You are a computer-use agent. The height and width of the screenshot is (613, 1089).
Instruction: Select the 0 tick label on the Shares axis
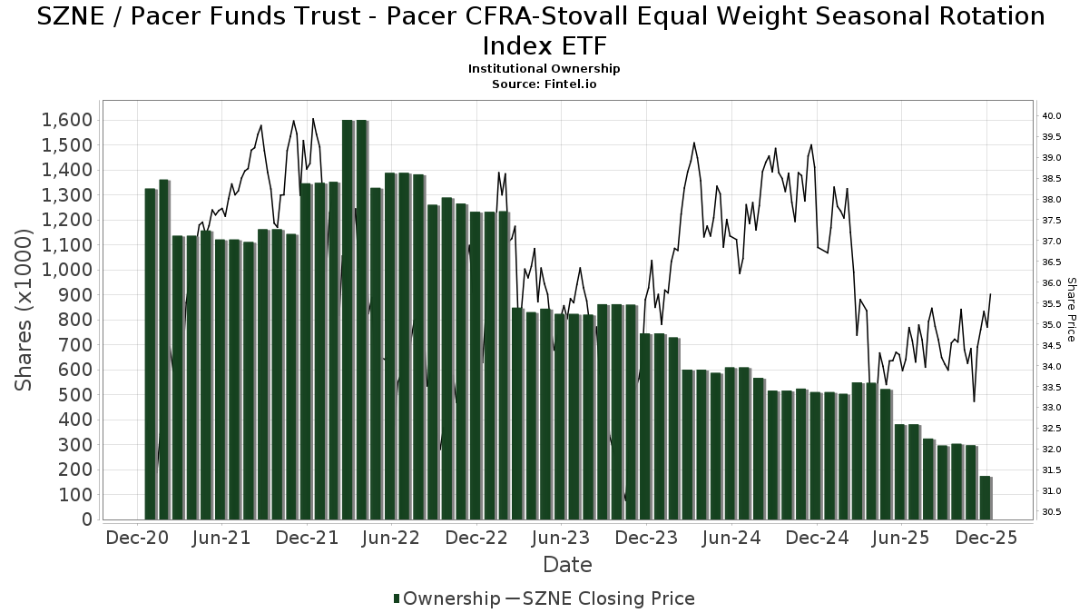(x=88, y=519)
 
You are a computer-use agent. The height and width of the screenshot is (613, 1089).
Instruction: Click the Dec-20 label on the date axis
(x=137, y=538)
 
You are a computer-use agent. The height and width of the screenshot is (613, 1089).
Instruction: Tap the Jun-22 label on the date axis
(x=391, y=538)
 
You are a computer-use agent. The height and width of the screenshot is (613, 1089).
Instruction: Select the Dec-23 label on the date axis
(x=646, y=538)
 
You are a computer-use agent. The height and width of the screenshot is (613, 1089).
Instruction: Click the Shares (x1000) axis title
(x=25, y=310)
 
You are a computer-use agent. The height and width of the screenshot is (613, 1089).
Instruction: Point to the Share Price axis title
(x=1071, y=310)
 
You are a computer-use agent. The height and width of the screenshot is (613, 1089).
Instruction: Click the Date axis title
(x=567, y=565)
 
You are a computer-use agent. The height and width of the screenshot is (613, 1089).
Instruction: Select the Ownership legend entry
(x=446, y=598)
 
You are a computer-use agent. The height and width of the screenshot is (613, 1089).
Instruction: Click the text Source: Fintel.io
(x=544, y=84)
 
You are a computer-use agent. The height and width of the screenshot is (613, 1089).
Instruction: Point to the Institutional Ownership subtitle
(x=544, y=69)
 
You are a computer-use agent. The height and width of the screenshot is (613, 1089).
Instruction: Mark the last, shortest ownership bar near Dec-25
(x=986, y=498)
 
